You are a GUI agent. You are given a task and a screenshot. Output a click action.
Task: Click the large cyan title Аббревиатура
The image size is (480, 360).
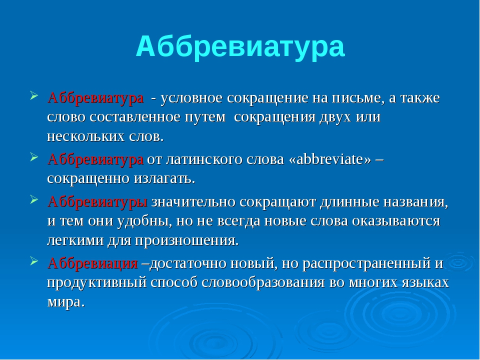pos(240,46)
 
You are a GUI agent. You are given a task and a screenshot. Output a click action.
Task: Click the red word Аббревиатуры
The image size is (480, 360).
pos(97,202)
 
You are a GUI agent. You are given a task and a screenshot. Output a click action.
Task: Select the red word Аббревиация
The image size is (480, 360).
pos(93,263)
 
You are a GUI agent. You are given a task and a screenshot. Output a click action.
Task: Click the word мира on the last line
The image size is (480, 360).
pos(65,302)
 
